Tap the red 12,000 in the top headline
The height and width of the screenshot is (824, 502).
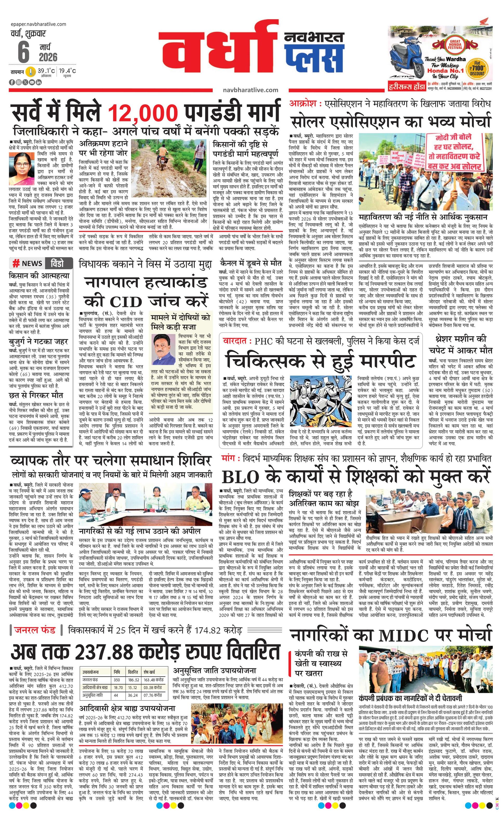coord(142,114)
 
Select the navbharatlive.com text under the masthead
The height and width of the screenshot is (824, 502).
coord(250,90)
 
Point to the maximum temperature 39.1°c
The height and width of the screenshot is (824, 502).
coord(46,71)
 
